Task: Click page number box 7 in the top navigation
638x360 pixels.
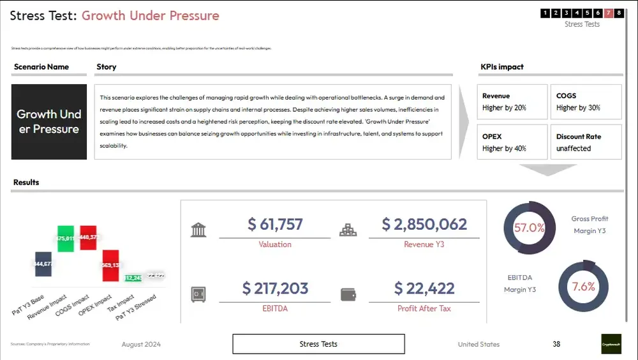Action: click(609, 13)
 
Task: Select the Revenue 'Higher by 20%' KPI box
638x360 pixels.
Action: click(512, 102)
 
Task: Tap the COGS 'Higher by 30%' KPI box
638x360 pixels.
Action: click(586, 102)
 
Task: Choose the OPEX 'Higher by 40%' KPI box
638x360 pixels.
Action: click(512, 142)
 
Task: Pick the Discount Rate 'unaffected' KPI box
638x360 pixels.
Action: click(586, 142)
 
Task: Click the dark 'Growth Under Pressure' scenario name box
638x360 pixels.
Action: click(49, 122)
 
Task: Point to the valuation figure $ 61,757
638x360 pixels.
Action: click(275, 225)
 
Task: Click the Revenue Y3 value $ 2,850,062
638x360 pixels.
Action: click(424, 225)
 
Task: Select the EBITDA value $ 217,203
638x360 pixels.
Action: click(275, 289)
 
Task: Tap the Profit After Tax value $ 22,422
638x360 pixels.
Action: click(424, 289)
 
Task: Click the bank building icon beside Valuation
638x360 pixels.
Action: click(198, 230)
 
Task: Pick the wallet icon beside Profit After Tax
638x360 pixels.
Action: click(348, 294)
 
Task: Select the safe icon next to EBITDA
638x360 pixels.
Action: click(198, 294)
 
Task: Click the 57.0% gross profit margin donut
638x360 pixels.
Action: click(529, 228)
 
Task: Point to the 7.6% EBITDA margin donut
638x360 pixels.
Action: click(583, 287)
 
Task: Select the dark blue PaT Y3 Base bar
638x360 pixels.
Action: click(43, 263)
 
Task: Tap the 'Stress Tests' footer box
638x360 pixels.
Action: click(318, 344)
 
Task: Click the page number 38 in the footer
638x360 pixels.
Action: click(556, 344)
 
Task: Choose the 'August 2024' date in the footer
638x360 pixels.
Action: click(141, 345)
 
